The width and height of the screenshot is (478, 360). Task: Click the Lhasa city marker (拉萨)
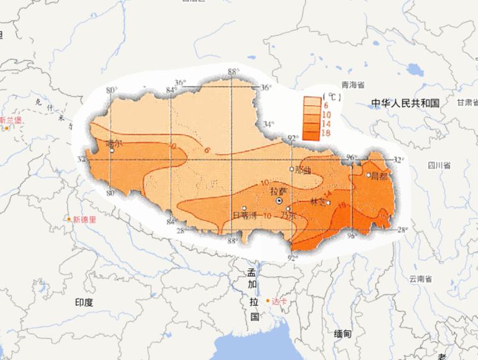[280, 202]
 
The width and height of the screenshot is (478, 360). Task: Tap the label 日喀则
[244, 216]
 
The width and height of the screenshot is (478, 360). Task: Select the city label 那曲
[303, 169]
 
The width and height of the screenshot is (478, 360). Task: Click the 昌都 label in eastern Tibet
[379, 176]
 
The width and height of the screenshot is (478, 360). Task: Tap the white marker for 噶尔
[109, 149]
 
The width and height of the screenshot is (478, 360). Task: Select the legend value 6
[326, 107]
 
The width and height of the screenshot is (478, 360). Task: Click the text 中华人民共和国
[405, 103]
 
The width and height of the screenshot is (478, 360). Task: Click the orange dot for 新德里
[69, 219]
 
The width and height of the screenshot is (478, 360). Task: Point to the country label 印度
[84, 303]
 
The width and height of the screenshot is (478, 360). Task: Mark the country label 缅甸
[342, 334]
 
